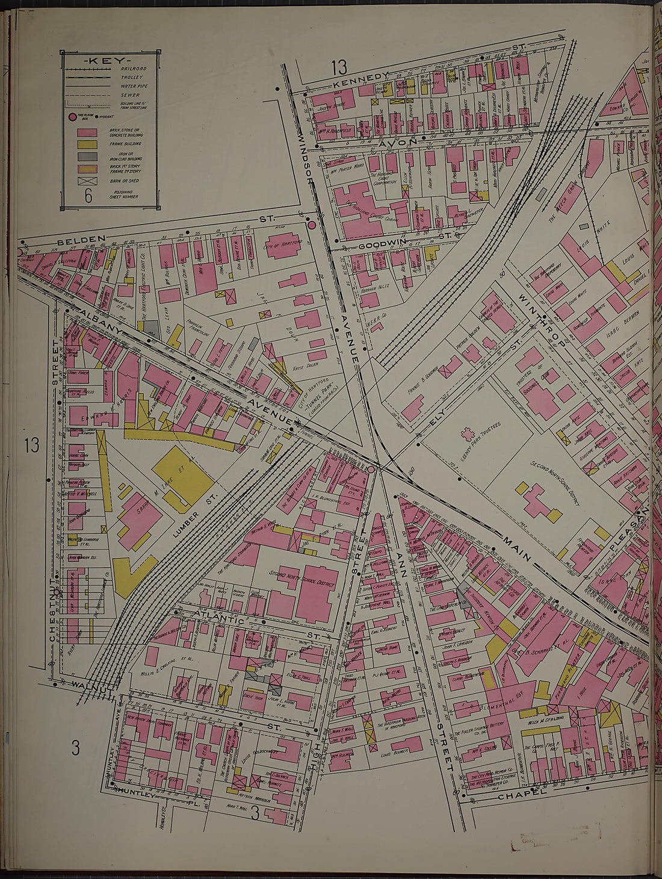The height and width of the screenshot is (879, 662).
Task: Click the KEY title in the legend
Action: pyautogui.click(x=110, y=61)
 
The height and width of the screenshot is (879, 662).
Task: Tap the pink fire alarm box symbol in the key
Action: pyautogui.click(x=72, y=117)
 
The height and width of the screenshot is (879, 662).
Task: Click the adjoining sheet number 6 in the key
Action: pyautogui.click(x=88, y=195)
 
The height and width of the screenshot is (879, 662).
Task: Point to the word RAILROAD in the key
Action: pyautogui.click(x=132, y=69)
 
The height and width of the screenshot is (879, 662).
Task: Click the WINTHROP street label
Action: pyautogui.click(x=541, y=318)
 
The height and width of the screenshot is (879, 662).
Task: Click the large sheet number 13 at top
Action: pyautogui.click(x=339, y=65)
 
